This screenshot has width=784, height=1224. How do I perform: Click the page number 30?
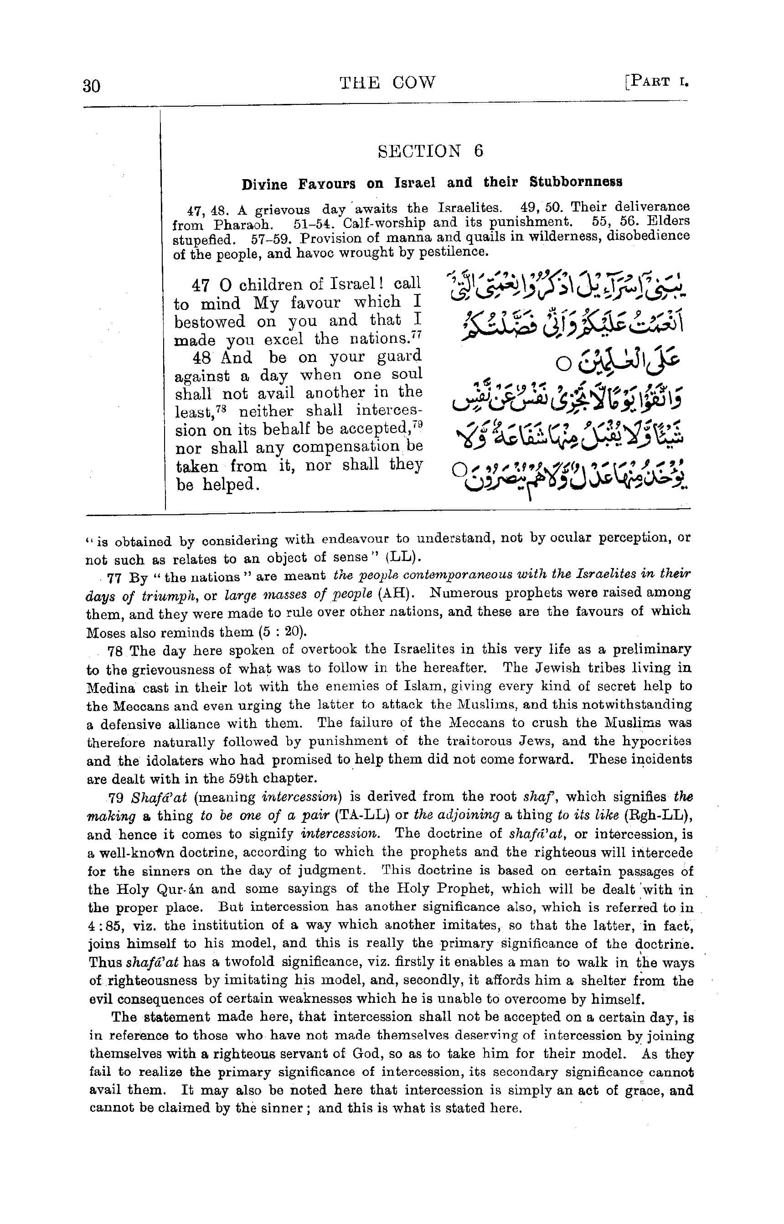(92, 85)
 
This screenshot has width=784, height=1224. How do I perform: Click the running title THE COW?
(387, 83)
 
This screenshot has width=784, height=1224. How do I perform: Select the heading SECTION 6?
(430, 151)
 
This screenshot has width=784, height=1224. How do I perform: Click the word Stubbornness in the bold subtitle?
(576, 182)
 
